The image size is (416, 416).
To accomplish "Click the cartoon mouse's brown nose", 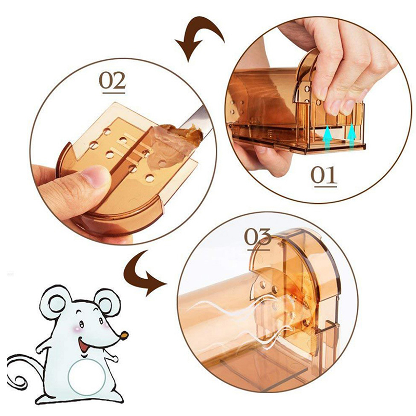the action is click(x=124, y=335).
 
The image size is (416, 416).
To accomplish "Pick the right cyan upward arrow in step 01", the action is click(x=352, y=136).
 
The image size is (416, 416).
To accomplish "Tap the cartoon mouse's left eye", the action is click(x=81, y=324).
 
